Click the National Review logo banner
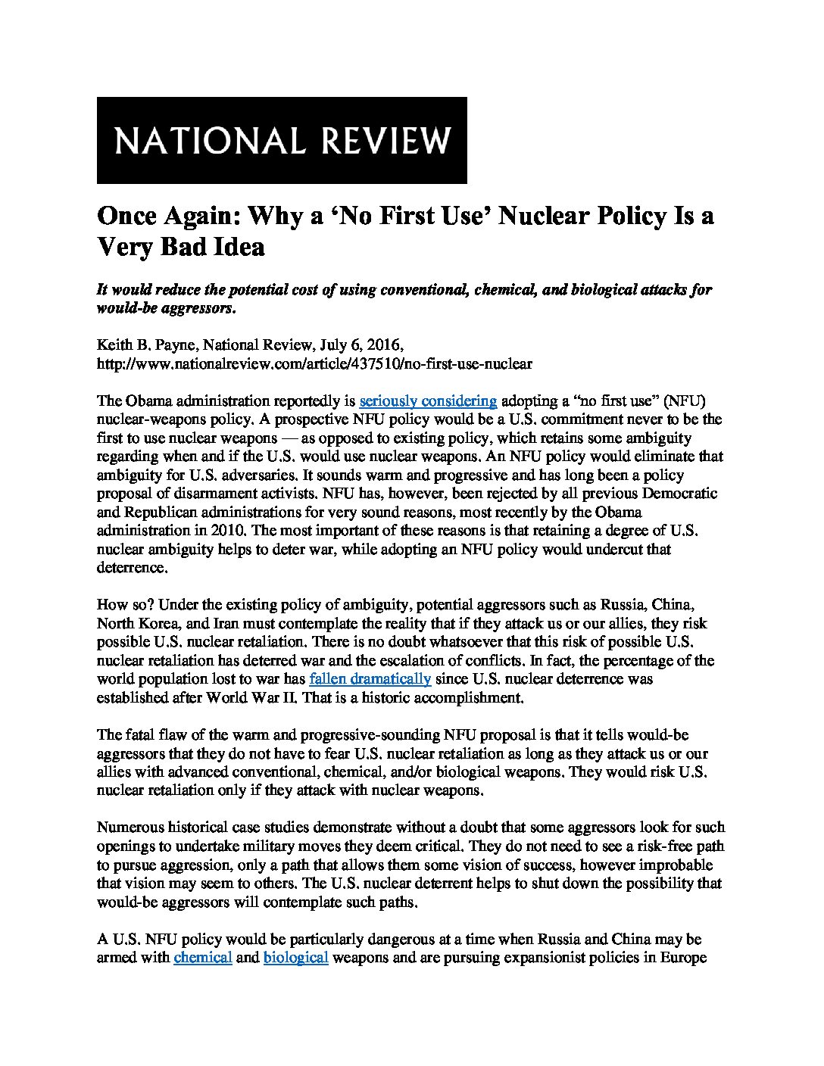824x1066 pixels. (282, 140)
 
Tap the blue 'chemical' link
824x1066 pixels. (203, 958)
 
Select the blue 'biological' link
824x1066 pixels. (296, 958)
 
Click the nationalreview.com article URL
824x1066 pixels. (314, 363)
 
